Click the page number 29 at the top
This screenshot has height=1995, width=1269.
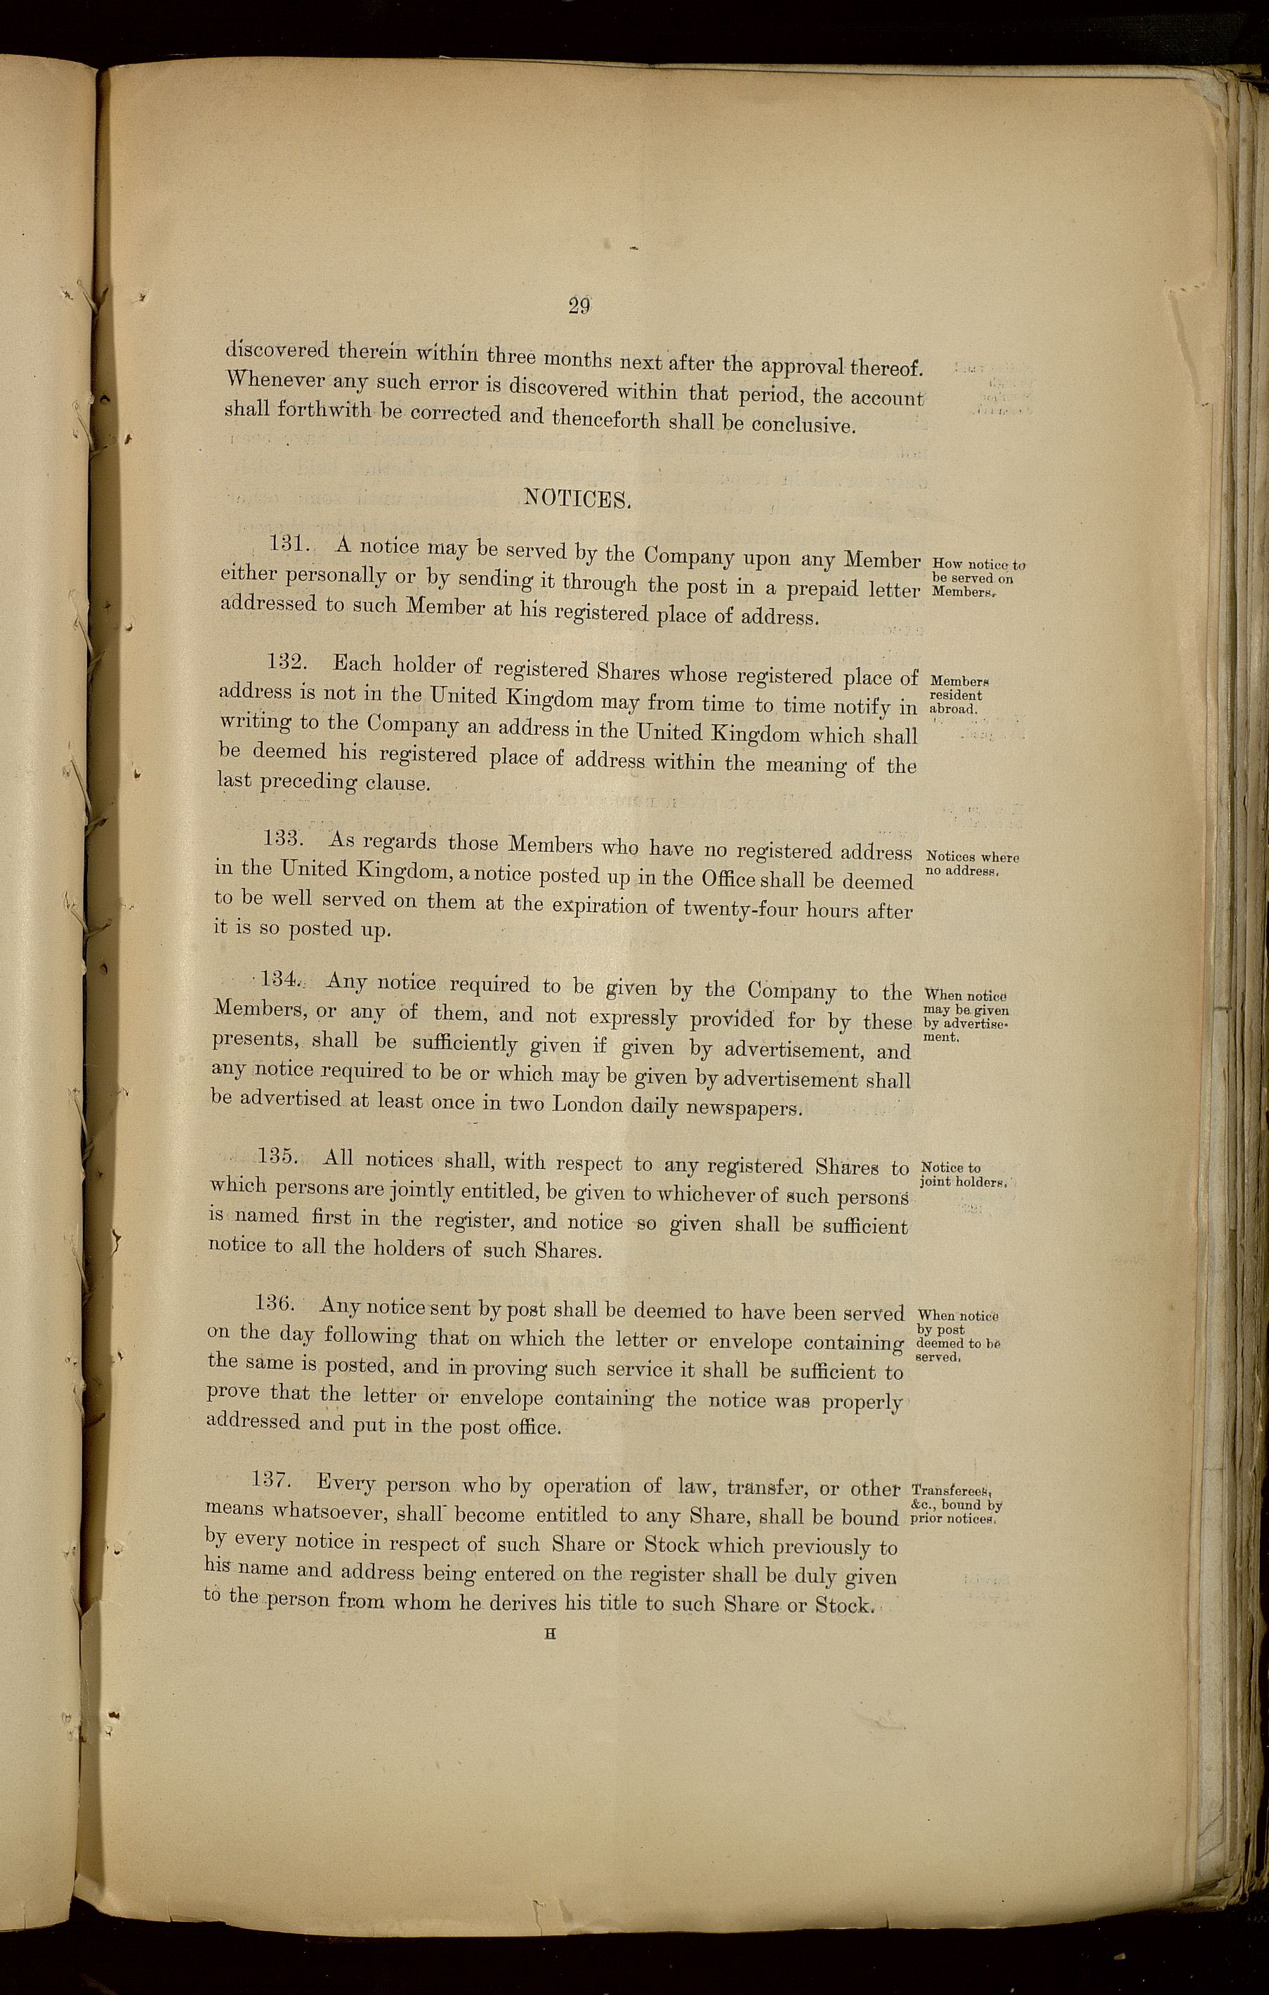pyautogui.click(x=578, y=306)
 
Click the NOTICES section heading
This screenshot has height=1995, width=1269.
pyautogui.click(x=578, y=499)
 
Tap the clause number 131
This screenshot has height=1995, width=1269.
pyautogui.click(x=291, y=544)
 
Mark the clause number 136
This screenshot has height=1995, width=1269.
pyautogui.click(x=273, y=1303)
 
